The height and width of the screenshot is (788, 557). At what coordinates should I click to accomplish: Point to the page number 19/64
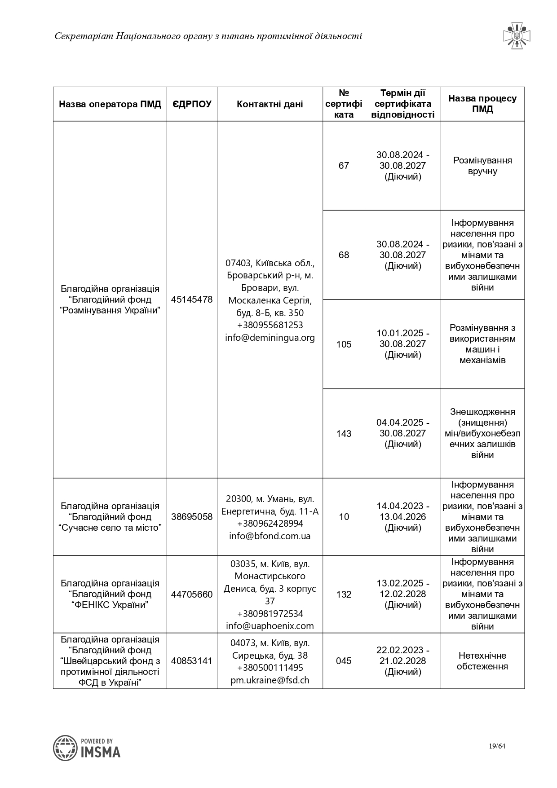pos(497,746)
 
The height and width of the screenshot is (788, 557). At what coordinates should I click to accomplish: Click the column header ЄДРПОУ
pos(192,104)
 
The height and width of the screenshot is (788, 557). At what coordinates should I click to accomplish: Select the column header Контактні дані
pos(270,104)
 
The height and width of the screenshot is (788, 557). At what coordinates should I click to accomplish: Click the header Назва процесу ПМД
pos(482,104)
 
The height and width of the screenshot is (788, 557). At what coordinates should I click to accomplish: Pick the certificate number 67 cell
pos(344,166)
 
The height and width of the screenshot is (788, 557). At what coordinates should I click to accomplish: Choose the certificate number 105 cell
pos(344,344)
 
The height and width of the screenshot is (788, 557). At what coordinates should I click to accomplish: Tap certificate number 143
pos(344,434)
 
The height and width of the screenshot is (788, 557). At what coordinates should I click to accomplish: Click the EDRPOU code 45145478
pos(192,299)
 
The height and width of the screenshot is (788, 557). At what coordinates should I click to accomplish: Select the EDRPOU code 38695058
pos(192,517)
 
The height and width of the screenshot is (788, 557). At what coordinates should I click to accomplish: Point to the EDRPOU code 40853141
pos(192,661)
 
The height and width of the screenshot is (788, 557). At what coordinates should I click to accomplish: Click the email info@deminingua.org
pos(270,338)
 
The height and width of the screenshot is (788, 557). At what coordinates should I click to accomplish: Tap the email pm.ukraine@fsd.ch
pos(270,680)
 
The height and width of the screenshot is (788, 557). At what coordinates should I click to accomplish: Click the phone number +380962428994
pos(270,524)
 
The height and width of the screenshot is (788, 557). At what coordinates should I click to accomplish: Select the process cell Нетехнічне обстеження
pos(482,661)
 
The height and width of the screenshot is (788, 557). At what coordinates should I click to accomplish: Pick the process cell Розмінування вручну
pos(482,166)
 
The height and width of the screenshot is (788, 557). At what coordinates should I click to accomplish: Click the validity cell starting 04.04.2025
pos(403,433)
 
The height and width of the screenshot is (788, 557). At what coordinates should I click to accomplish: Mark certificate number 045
pos(344,661)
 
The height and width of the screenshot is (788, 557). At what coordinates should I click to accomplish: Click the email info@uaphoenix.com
pos(270,626)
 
